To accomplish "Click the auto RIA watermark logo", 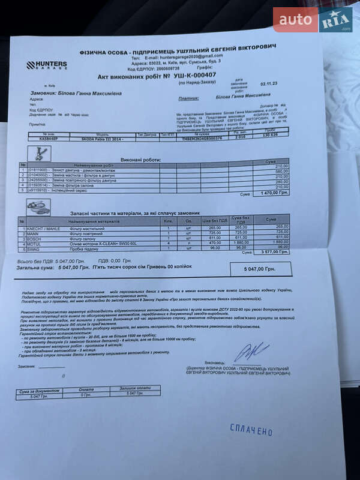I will [x=312, y=19].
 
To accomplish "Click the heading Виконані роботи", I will [x=140, y=160].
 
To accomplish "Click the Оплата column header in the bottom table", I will [x=86, y=389].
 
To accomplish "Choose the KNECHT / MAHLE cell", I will [x=42, y=227].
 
